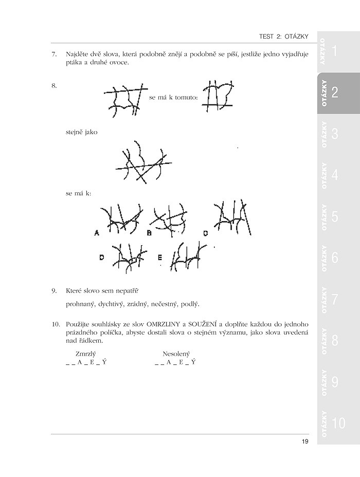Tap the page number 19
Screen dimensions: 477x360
click(x=304, y=442)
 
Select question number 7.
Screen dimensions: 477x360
click(x=54, y=54)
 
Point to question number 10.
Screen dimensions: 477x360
click(x=56, y=325)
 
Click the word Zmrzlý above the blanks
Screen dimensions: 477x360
click(x=86, y=354)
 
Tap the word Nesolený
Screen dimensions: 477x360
click(x=176, y=354)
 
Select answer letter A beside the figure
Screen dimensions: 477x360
click(x=97, y=233)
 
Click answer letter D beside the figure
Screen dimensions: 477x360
click(x=102, y=258)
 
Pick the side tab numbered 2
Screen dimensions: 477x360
click(x=334, y=93)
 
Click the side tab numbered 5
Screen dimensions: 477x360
click(x=334, y=216)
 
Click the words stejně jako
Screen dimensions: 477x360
click(x=82, y=132)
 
